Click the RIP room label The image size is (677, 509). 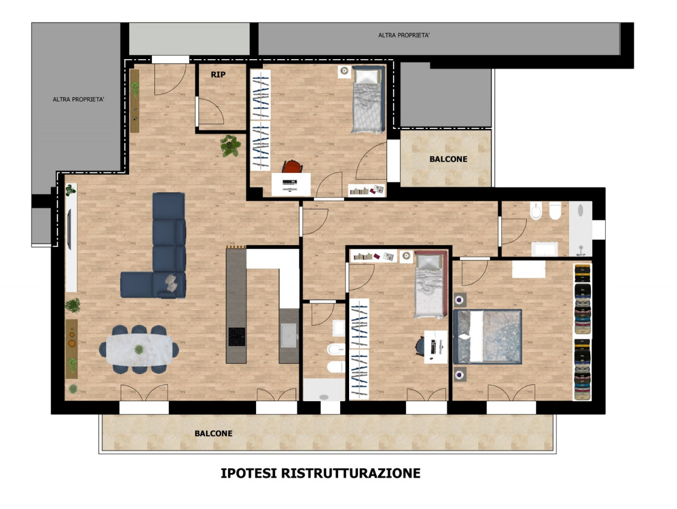pos(218,75)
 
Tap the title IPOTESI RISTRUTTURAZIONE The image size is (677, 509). pos(321,473)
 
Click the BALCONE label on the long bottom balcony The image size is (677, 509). pos(214,433)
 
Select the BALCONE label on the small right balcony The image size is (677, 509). pos(448,159)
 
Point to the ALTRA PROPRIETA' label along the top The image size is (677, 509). pos(404,35)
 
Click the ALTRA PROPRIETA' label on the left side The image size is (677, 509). pos(78,99)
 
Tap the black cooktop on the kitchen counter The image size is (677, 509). pos(237,337)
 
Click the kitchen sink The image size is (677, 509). pos(289,335)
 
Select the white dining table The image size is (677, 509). pos(139,349)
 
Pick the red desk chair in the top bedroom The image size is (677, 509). pos(292,166)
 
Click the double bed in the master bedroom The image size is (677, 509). pos(487,337)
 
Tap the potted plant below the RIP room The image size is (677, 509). pos(231,145)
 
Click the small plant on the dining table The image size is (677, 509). pos(139,349)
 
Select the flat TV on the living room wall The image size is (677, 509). pos(69,229)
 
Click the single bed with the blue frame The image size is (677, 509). pos(369,99)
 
